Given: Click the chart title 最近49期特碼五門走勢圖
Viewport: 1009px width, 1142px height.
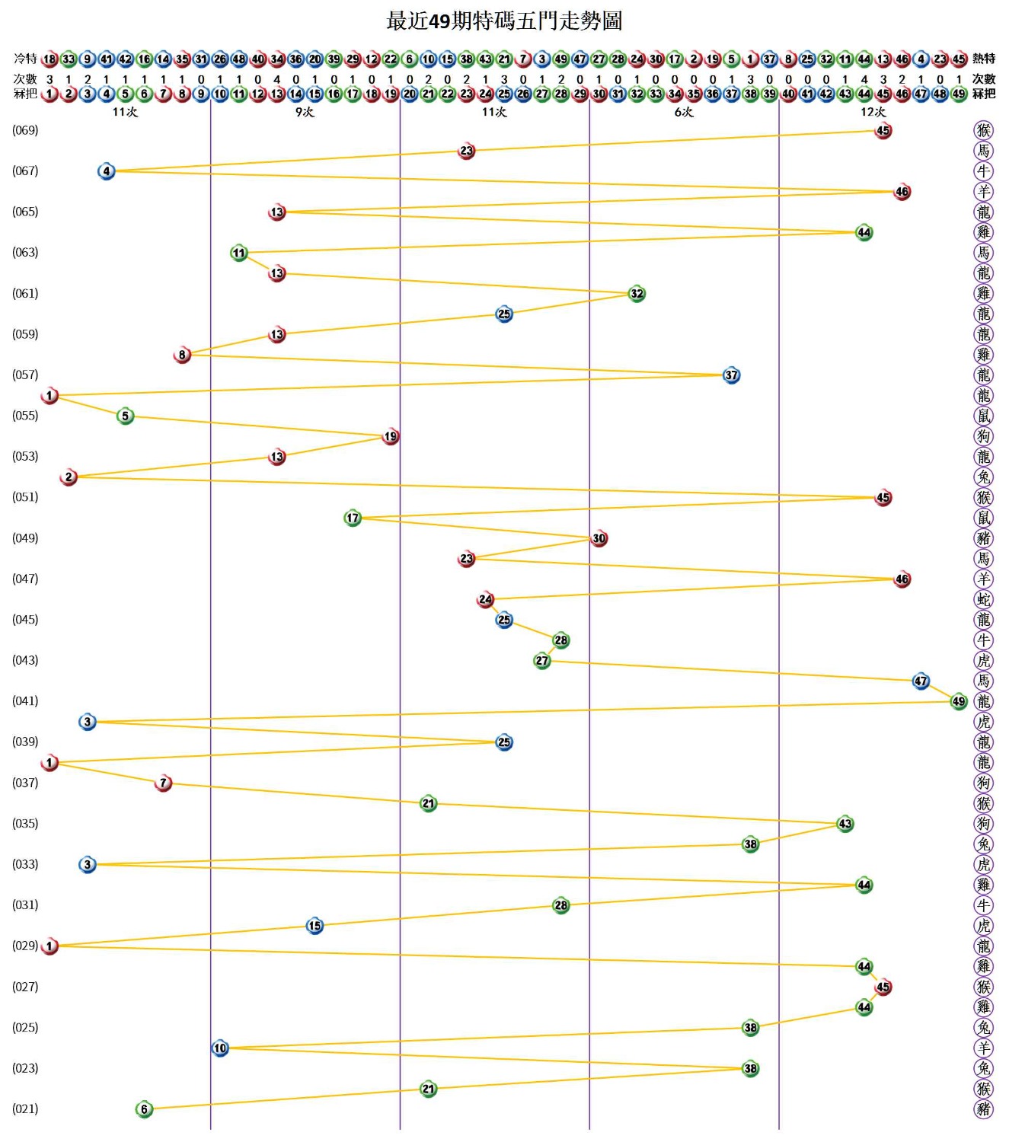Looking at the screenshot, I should click(x=504, y=21).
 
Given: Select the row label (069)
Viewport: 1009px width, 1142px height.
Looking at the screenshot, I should click(x=25, y=130).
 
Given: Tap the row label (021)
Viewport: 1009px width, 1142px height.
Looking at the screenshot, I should click(x=25, y=1109).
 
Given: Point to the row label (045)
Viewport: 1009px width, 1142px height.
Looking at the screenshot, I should click(x=25, y=619).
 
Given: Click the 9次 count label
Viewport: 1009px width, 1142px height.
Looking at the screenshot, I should click(x=305, y=112).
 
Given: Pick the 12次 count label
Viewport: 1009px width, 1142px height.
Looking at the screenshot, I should click(x=873, y=112).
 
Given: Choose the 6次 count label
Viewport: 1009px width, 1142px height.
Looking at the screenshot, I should click(x=684, y=112).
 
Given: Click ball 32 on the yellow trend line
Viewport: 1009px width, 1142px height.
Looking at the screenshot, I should click(x=637, y=294).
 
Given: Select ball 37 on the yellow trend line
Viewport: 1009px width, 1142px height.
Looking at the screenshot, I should click(x=731, y=375).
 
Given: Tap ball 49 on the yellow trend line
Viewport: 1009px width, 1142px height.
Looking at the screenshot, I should click(x=959, y=701).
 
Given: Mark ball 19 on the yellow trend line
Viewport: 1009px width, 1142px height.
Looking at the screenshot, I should click(x=391, y=436).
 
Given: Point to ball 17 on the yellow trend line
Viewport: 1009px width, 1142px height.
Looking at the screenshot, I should click(x=353, y=518).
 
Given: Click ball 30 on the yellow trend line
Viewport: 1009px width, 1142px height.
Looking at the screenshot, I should click(x=599, y=538).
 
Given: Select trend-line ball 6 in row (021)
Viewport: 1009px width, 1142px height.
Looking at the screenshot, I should click(x=144, y=1109).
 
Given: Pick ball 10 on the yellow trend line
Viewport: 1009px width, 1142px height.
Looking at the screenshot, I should click(x=220, y=1048).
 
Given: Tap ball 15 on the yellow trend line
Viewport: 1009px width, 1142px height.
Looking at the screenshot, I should click(x=315, y=926).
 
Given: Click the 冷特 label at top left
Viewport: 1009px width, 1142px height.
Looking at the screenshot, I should click(x=25, y=59).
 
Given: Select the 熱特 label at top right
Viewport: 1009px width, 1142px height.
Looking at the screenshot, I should click(x=984, y=59).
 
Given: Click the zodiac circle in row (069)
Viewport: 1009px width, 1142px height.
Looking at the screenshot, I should click(x=984, y=130).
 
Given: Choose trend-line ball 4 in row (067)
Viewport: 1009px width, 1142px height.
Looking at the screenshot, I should click(x=107, y=171).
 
